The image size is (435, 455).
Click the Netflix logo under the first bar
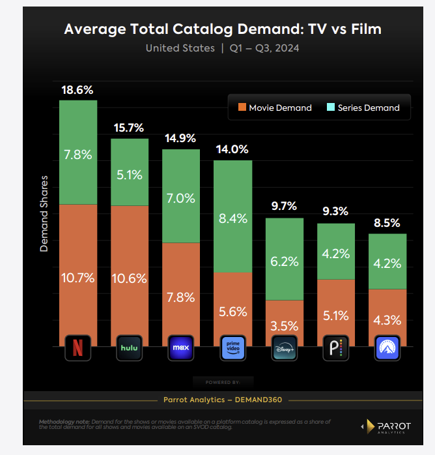coord(78,348)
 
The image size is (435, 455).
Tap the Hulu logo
coord(130,348)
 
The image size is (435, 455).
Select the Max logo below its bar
coord(181,348)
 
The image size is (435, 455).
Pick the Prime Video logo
coord(232,348)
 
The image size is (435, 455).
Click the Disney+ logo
coord(284,348)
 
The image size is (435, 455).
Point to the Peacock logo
coord(336,348)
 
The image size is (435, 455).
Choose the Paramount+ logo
coord(387,348)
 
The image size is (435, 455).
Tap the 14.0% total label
coord(232,149)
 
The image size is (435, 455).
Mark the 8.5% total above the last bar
coord(387,224)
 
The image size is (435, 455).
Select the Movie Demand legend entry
coord(275,108)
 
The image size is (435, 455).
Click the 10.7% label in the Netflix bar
coord(78,278)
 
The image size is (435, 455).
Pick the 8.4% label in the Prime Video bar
coord(232,219)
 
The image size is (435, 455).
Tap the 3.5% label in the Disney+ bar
coord(284,325)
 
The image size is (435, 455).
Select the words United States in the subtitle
coord(180,48)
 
